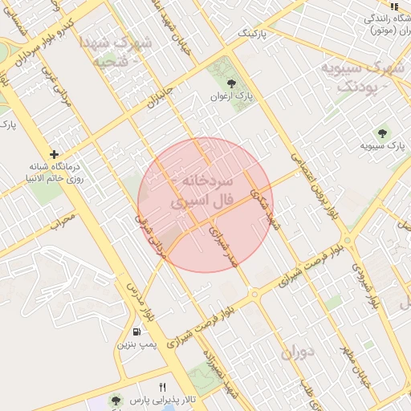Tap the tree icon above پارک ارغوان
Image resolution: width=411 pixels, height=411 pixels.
click(x=232, y=83)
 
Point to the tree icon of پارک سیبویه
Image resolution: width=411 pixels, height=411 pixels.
click(x=382, y=133)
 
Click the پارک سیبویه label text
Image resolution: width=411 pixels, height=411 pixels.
click(x=381, y=146)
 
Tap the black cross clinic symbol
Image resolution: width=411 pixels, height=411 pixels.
click(x=54, y=153)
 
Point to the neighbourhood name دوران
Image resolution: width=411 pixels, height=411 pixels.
click(x=297, y=351)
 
